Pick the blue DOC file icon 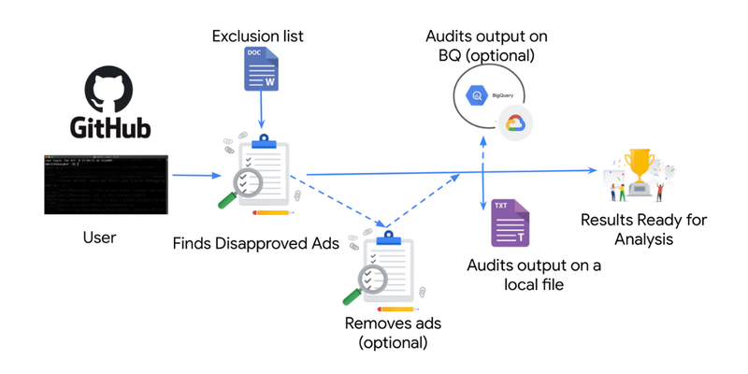tap(259, 71)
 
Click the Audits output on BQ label tap(486, 46)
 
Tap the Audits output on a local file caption tap(534, 276)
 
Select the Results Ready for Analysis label tap(643, 229)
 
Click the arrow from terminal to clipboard tap(196, 175)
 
